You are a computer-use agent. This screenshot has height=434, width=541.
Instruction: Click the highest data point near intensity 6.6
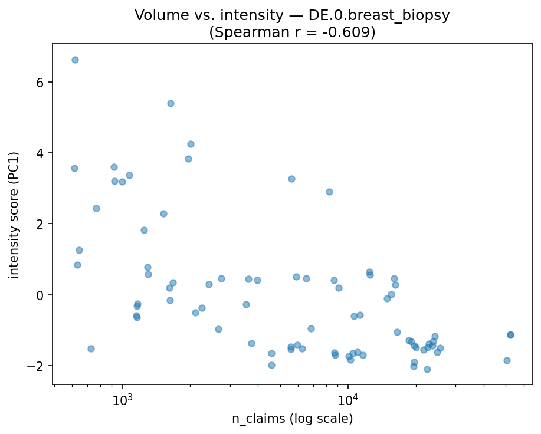[75, 60]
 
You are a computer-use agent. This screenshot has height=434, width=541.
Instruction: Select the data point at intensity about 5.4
[171, 103]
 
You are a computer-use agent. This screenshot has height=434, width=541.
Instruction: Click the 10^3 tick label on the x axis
[122, 399]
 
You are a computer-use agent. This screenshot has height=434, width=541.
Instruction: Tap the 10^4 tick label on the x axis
[348, 399]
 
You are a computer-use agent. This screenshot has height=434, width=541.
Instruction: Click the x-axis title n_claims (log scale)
[292, 419]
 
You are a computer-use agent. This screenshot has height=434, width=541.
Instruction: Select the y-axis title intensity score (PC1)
[14, 215]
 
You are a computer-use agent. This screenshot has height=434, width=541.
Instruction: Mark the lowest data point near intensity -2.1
[427, 369]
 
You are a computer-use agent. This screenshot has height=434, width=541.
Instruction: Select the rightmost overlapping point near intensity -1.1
[510, 334]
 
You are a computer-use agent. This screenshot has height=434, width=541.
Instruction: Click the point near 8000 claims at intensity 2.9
[329, 192]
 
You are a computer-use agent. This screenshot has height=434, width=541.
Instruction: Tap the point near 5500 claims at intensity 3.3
[291, 179]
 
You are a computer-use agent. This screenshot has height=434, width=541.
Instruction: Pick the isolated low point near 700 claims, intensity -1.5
[91, 348]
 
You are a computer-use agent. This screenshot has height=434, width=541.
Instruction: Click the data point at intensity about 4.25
[191, 144]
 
